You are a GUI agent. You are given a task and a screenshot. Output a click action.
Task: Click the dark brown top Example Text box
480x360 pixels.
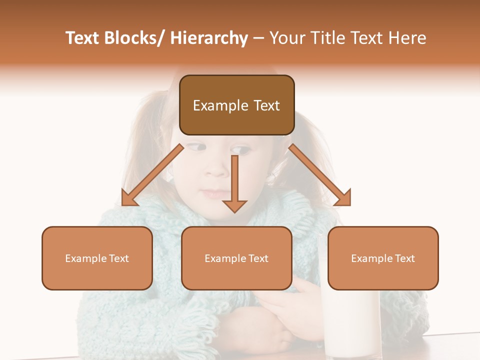236,105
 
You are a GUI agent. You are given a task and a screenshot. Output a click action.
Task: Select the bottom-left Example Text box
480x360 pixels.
97,258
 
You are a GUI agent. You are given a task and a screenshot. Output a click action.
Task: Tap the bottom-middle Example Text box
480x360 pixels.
236,258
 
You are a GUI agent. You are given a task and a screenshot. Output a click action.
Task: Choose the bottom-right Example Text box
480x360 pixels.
383,258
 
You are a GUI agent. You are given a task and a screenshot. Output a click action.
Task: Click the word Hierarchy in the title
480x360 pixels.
208,38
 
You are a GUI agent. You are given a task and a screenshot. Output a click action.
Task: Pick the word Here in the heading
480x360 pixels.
407,38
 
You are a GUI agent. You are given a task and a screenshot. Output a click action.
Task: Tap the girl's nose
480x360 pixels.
216,167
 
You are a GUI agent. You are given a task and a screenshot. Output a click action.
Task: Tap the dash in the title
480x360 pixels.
258,38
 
